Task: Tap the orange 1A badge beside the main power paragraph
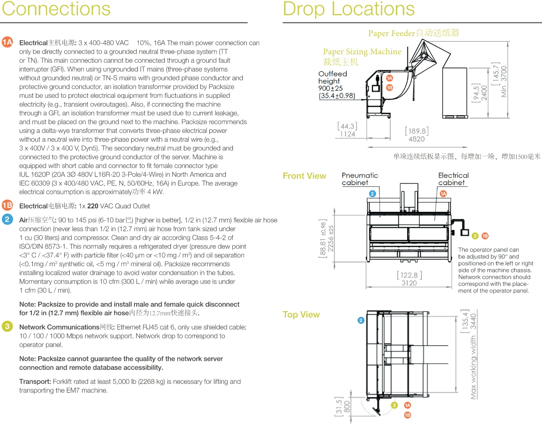[x=7, y=42]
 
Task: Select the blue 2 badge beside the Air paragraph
[x=7, y=219]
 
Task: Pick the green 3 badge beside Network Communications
[x=7, y=326]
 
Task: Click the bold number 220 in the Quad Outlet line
[x=93, y=206]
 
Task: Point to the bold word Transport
[x=35, y=381]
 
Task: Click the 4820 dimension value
[x=416, y=139]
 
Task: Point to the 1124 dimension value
[x=348, y=134]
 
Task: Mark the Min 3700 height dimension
[x=504, y=81]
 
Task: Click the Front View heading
[x=304, y=176]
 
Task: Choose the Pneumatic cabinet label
[x=360, y=179]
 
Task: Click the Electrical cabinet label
[x=453, y=179]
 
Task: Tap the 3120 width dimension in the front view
[x=409, y=283]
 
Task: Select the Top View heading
[x=301, y=314]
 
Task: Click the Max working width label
[x=473, y=367]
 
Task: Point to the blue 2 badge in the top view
[x=361, y=321]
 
